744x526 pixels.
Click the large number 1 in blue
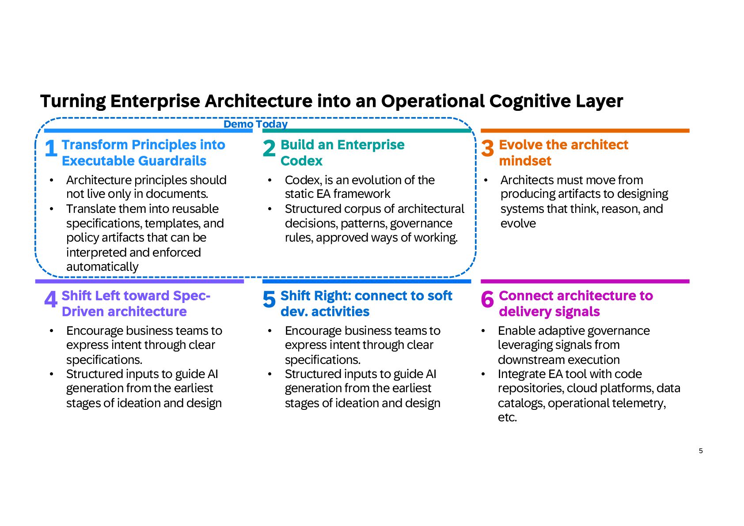point(51,148)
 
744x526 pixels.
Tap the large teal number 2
point(269,148)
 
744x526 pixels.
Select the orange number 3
point(487,148)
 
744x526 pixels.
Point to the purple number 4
point(51,299)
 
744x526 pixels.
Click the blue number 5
point(269,299)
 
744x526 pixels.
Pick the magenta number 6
point(487,299)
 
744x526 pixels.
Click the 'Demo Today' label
point(255,124)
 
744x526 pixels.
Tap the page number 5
point(701,451)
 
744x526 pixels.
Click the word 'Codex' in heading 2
point(301,161)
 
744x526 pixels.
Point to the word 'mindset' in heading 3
point(525,161)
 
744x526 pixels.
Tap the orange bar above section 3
point(585,131)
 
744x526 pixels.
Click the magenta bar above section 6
point(585,281)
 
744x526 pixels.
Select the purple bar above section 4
point(140,281)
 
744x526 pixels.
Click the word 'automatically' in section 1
point(102,267)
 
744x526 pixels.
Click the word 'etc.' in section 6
point(507,417)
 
